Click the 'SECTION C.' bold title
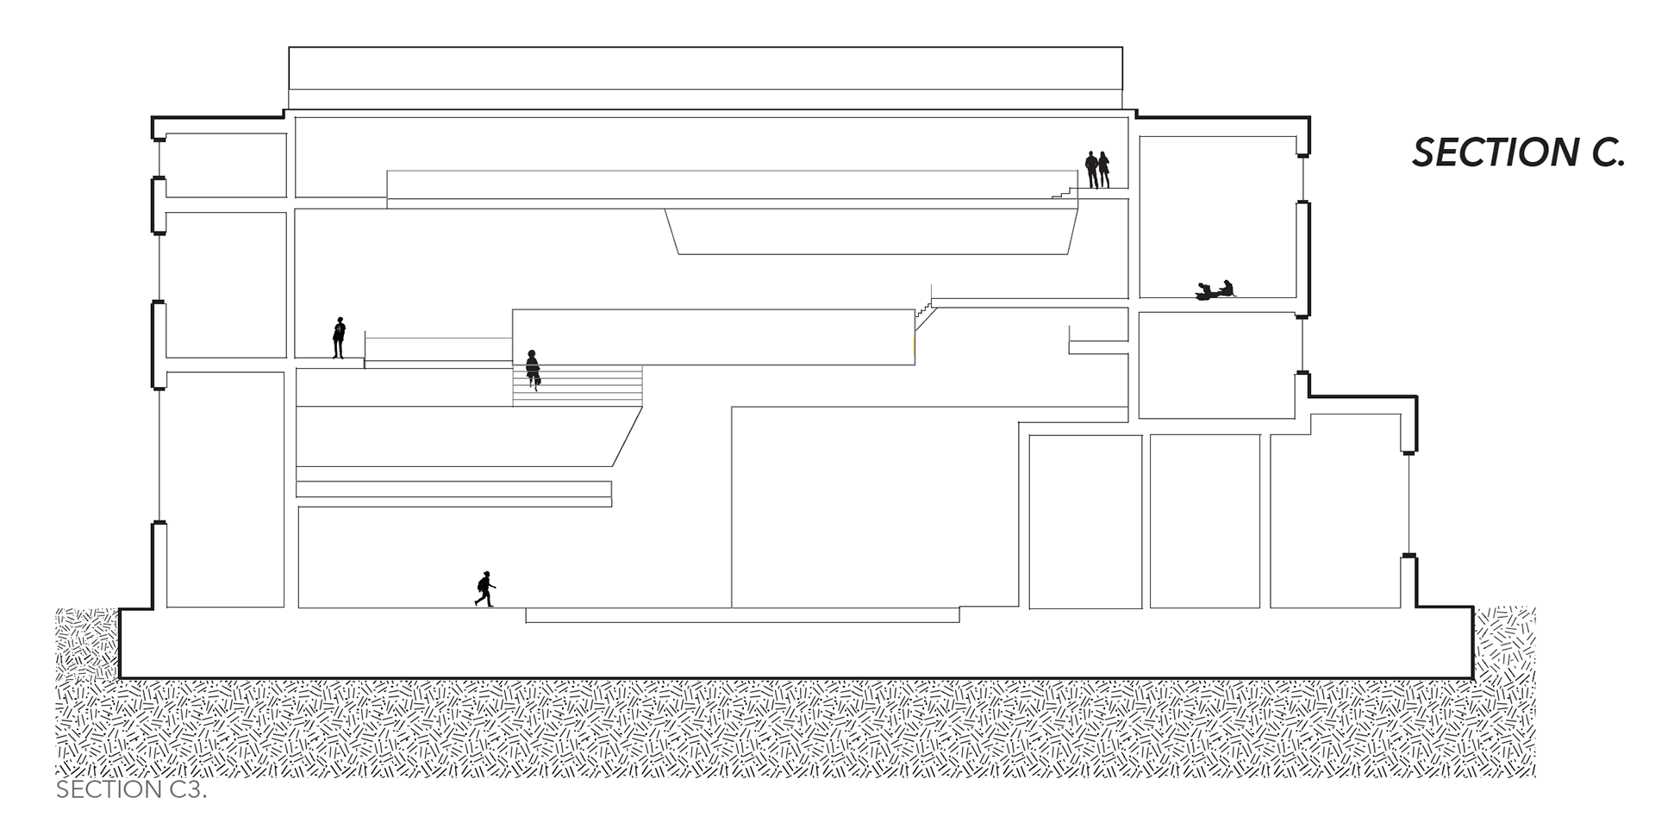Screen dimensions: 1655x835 (x=1518, y=153)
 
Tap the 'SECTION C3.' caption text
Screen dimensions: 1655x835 (x=131, y=790)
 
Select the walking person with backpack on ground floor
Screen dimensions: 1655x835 (x=485, y=589)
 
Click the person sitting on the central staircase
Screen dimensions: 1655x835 (x=533, y=368)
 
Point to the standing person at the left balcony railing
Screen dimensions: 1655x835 (x=339, y=337)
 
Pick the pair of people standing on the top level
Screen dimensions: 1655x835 (x=1096, y=170)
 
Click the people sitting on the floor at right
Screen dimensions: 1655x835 (x=1215, y=290)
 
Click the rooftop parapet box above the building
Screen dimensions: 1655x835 (x=705, y=68)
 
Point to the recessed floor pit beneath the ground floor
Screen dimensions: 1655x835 (x=741, y=615)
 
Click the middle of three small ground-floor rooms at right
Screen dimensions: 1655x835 (x=1204, y=520)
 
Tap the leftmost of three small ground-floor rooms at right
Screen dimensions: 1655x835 (x=1085, y=520)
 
